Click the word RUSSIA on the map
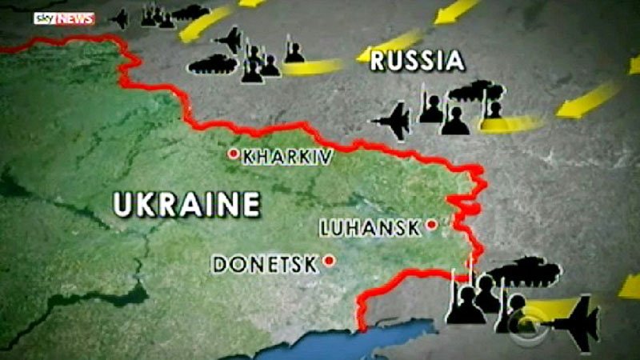point(417,60)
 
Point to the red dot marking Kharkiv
point(234,153)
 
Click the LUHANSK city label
point(370,228)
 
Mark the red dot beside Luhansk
point(431,225)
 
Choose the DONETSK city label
point(264,263)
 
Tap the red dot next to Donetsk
point(329,260)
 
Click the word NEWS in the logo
point(75,18)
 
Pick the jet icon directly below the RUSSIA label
point(393,121)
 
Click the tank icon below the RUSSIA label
point(477,90)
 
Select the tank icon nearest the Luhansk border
point(525,270)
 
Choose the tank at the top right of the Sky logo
point(190,12)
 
